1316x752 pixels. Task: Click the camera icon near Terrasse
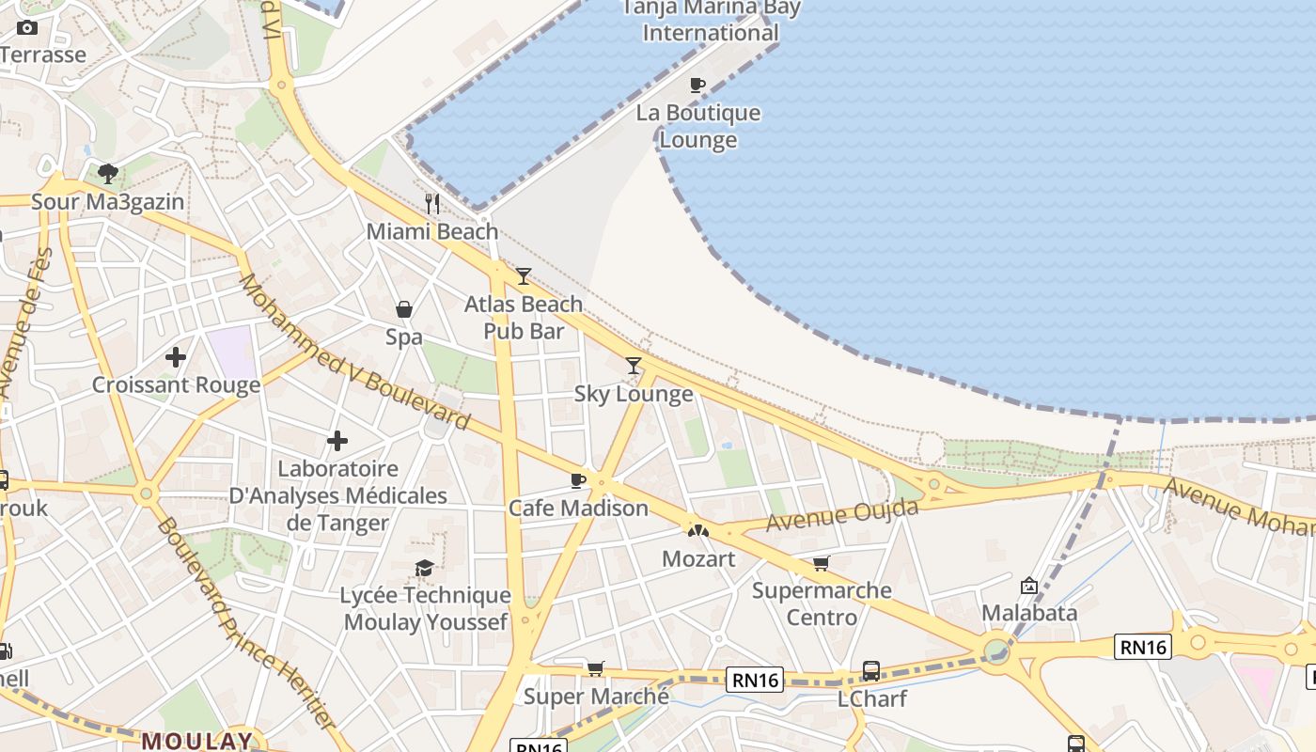tap(27, 27)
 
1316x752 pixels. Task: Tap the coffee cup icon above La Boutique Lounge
tap(697, 86)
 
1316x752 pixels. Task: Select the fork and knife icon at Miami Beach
tap(432, 203)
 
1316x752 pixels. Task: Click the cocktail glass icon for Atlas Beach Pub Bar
tap(524, 276)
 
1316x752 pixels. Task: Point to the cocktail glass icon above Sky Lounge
tap(634, 366)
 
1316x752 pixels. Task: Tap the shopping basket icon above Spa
tap(404, 309)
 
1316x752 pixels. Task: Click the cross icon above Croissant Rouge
tap(176, 357)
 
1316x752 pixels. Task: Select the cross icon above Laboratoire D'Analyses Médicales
tap(337, 440)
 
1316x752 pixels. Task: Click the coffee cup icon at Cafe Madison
tap(578, 480)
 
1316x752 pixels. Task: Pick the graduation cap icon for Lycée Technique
tap(425, 568)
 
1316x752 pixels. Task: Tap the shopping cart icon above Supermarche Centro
tap(822, 563)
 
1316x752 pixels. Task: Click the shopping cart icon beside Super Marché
tap(595, 668)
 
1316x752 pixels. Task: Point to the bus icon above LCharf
tap(871, 671)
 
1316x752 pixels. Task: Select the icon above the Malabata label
tap(1028, 586)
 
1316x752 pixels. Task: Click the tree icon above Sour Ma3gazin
tap(108, 173)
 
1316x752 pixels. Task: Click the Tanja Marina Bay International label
tap(712, 21)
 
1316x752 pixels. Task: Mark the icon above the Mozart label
tap(697, 531)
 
